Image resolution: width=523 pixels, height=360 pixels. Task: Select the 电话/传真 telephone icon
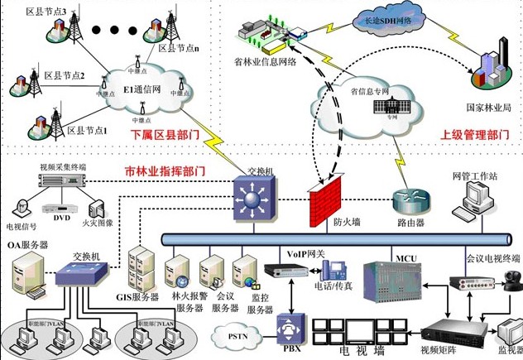tap(333, 270)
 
